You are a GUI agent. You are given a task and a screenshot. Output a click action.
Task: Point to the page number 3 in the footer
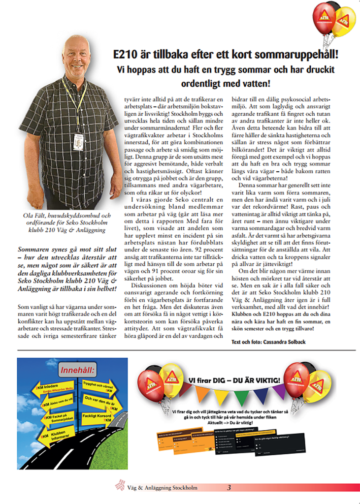click(x=229, y=488)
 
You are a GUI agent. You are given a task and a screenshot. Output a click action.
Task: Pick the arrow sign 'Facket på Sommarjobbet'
click(x=52, y=419)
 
